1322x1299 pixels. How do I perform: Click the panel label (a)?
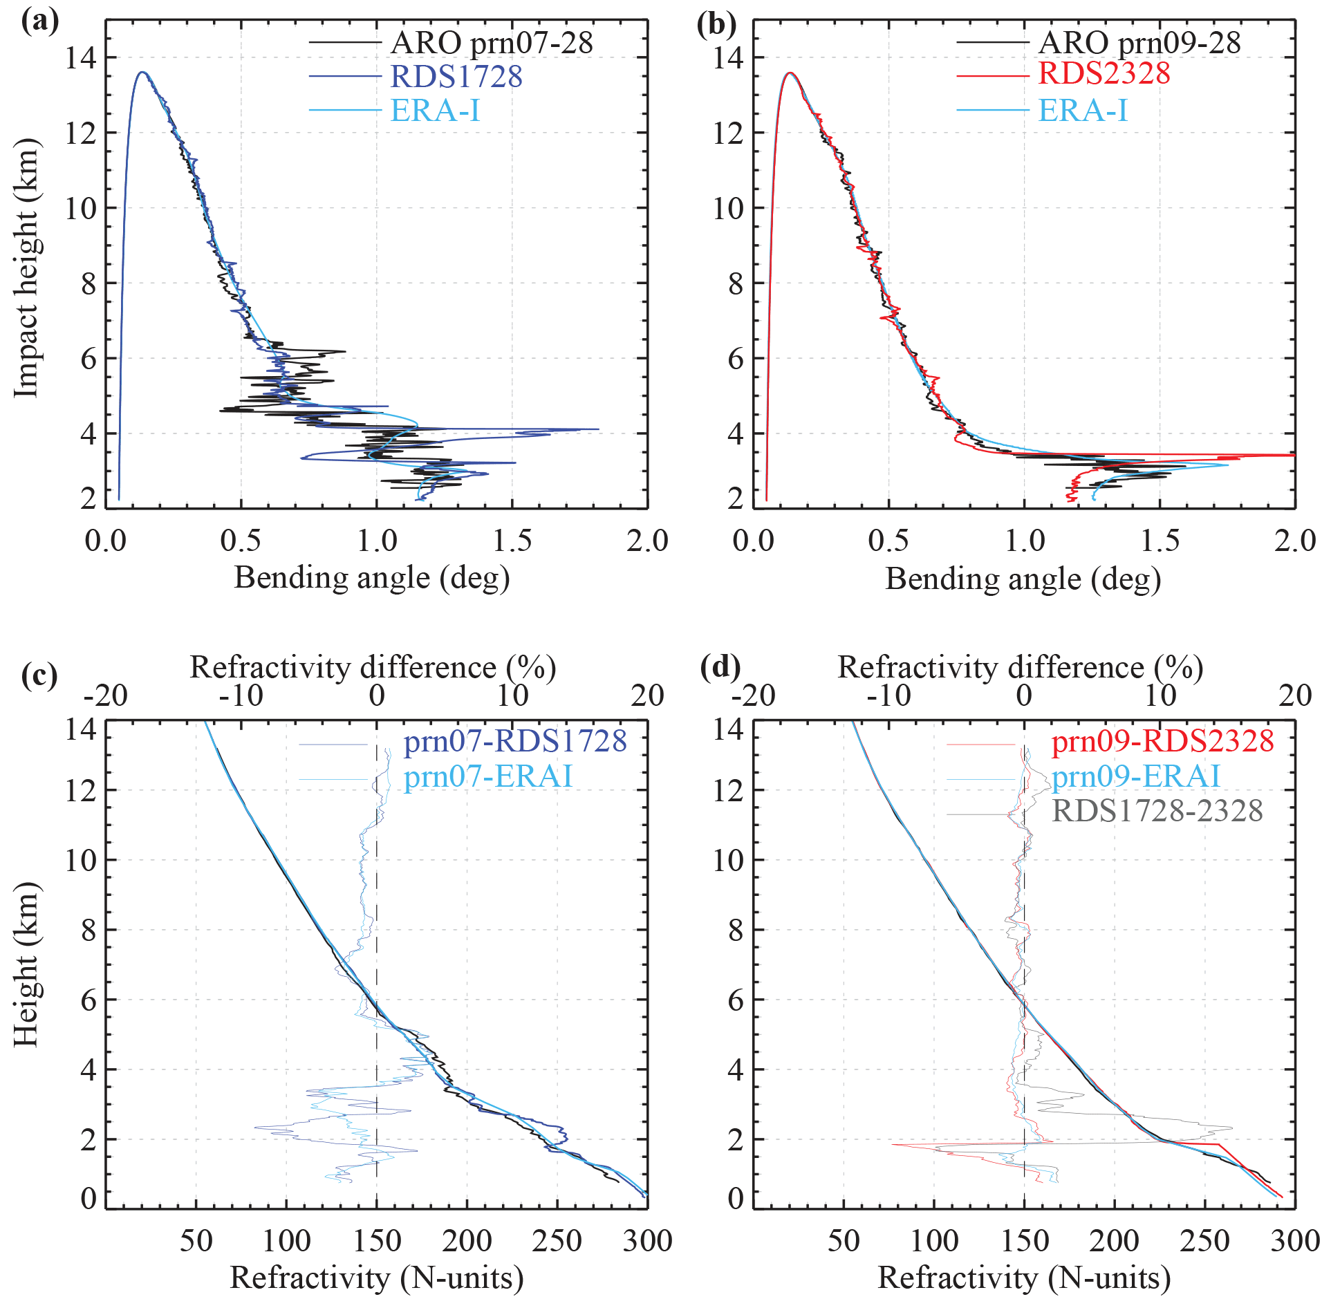(39, 22)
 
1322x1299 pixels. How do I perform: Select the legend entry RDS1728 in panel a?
(456, 76)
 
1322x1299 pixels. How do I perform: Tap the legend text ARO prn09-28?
(1139, 43)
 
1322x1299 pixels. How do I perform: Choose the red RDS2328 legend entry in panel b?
(1104, 73)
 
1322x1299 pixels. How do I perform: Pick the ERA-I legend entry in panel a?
(435, 111)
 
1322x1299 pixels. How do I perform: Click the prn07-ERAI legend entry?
(488, 776)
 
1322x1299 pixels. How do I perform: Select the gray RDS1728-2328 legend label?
(1157, 810)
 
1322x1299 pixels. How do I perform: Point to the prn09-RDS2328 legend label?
(1162, 741)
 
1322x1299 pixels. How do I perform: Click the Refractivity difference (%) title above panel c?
(373, 668)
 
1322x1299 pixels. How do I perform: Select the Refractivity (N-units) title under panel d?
(1024, 1278)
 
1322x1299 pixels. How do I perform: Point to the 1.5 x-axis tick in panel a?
(512, 541)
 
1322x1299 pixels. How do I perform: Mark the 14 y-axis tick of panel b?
(729, 58)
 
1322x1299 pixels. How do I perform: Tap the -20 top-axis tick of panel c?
(106, 695)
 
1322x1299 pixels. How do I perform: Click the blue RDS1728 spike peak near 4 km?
(597, 429)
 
